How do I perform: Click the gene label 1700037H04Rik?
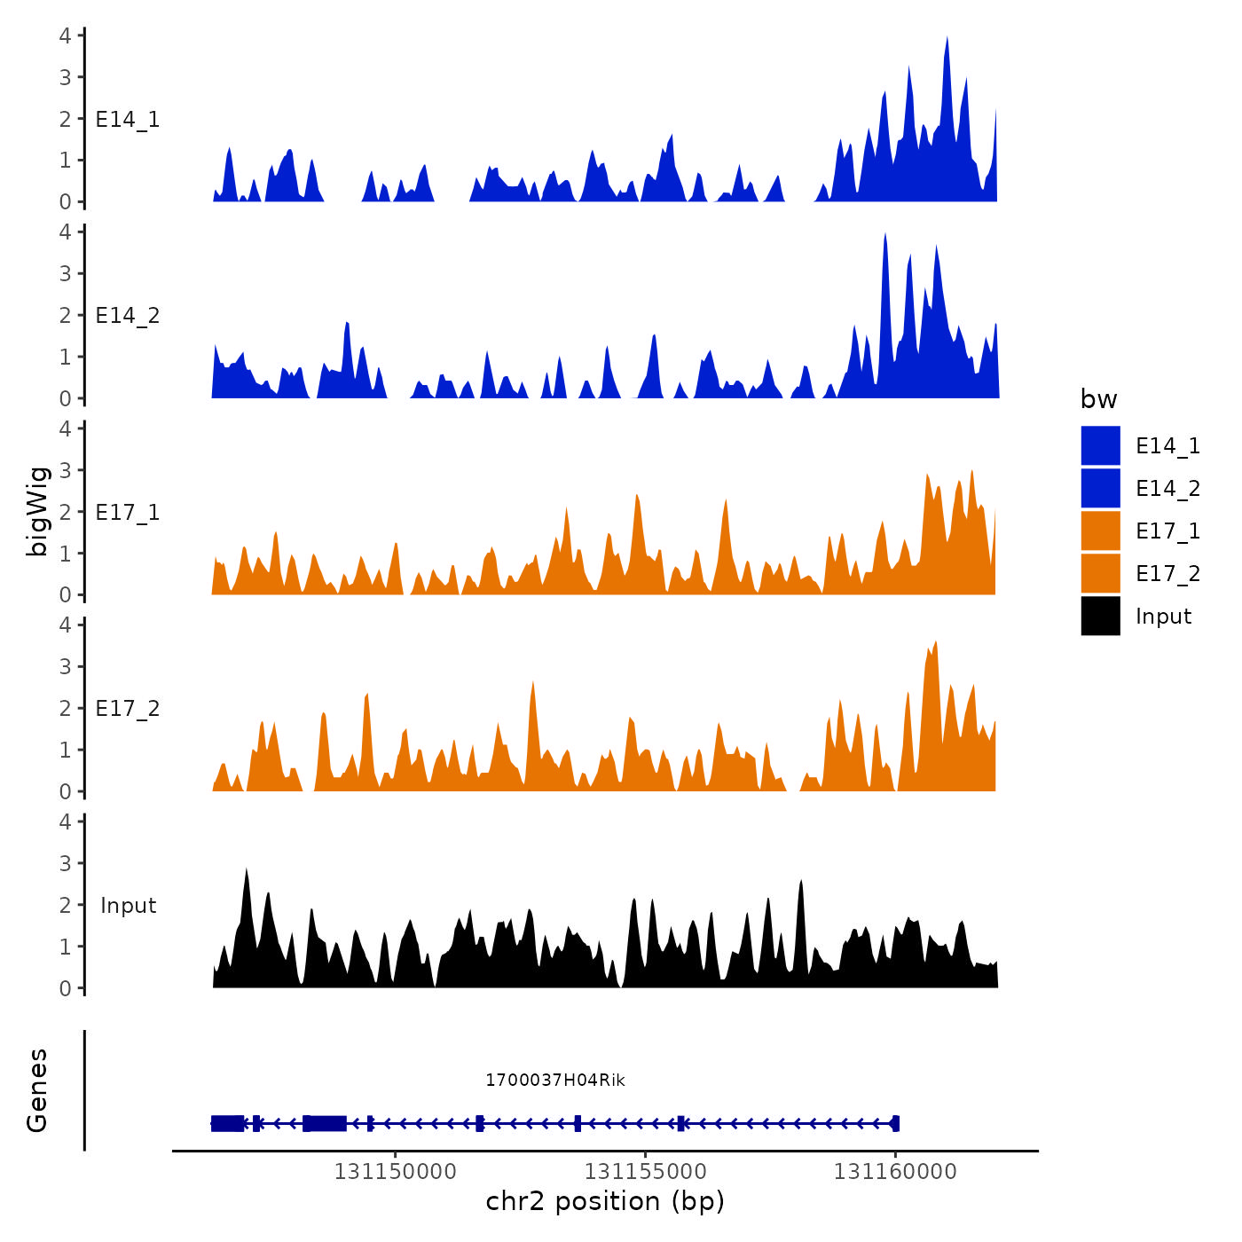click(554, 1080)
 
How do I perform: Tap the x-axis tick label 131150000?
click(395, 1172)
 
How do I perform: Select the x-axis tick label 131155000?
click(645, 1172)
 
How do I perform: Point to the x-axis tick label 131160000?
click(895, 1172)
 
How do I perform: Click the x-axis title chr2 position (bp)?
click(605, 1201)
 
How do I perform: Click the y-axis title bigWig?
click(37, 511)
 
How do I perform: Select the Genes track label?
click(37, 1090)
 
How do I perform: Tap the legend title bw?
click(1098, 399)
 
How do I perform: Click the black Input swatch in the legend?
click(1100, 616)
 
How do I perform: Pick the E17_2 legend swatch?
click(1100, 573)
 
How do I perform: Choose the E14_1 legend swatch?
click(1100, 445)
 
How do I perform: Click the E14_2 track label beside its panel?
click(128, 316)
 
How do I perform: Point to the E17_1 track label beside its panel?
click(128, 513)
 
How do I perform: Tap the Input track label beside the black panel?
click(128, 906)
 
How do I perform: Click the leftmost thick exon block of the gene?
click(228, 1123)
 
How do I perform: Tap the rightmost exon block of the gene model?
click(895, 1123)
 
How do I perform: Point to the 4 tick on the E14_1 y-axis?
click(66, 35)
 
